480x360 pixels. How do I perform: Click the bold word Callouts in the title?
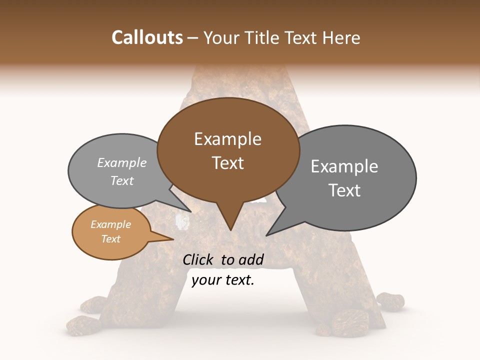click(x=147, y=38)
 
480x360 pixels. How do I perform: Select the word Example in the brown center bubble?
click(x=227, y=139)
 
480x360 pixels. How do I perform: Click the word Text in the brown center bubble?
click(x=227, y=163)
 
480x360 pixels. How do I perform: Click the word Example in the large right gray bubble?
click(x=344, y=166)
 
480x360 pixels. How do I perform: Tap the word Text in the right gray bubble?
click(x=344, y=190)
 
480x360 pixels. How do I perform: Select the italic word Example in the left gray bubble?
click(x=122, y=163)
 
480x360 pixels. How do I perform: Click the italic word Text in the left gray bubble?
click(x=122, y=181)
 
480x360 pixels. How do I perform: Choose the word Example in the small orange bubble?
click(x=111, y=225)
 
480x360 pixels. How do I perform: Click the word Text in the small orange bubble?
click(x=111, y=239)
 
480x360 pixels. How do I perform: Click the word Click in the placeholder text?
click(x=199, y=259)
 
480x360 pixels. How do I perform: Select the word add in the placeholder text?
click(x=251, y=259)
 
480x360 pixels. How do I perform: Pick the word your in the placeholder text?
click(x=205, y=280)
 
